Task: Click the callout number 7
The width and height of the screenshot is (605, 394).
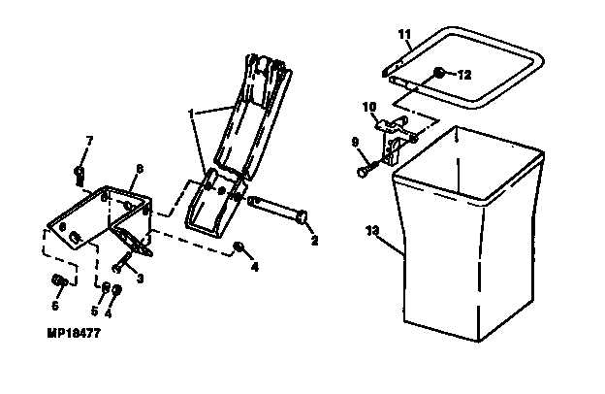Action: [89, 142]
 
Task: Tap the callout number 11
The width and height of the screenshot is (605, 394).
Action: [403, 35]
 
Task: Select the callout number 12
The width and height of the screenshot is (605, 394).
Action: [463, 75]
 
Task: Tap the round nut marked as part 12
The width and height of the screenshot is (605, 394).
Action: [439, 74]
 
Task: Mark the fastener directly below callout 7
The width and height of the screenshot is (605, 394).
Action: [79, 175]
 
